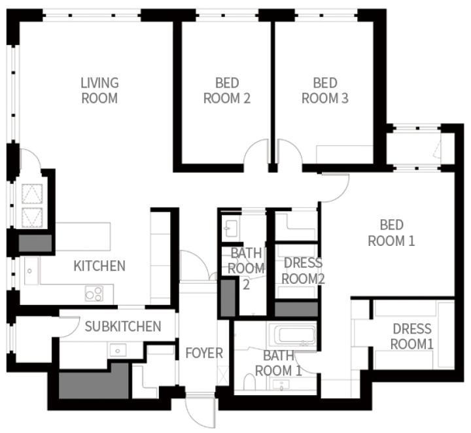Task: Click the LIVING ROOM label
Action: (x=99, y=90)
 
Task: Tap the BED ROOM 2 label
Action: (x=227, y=90)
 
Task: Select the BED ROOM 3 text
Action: (x=325, y=90)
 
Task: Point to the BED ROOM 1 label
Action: (x=391, y=233)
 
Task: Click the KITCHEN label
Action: (x=99, y=266)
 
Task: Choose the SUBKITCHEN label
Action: (x=123, y=326)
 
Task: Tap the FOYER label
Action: (x=204, y=353)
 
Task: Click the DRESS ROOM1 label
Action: (x=412, y=336)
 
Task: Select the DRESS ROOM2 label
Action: (x=303, y=271)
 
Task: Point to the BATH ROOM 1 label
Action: (x=279, y=363)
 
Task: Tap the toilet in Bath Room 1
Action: (x=249, y=381)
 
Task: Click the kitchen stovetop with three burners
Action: (x=94, y=294)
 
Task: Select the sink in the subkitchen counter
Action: (x=118, y=351)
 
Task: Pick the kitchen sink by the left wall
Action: (x=31, y=271)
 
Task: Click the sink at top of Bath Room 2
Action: (x=230, y=228)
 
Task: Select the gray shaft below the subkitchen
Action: (x=94, y=381)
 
